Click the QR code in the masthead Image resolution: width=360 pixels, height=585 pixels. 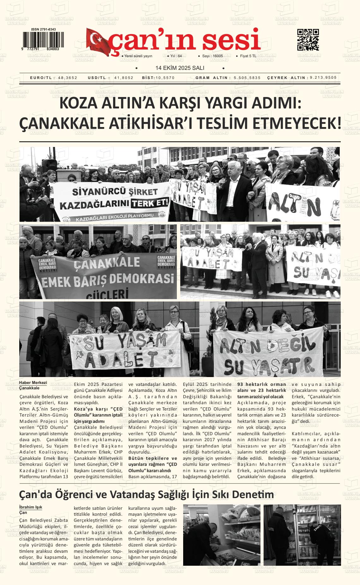pos(308,40)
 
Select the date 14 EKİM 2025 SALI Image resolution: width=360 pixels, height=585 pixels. pos(180,68)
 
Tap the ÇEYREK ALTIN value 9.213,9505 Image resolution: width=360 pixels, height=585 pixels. pos(323,77)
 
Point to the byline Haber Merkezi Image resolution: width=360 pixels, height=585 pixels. pos(33,383)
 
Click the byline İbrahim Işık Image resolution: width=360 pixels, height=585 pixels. pos(31,507)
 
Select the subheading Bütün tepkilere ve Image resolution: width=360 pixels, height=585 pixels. pos(153,458)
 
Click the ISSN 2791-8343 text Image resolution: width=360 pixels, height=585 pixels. pos(43,29)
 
